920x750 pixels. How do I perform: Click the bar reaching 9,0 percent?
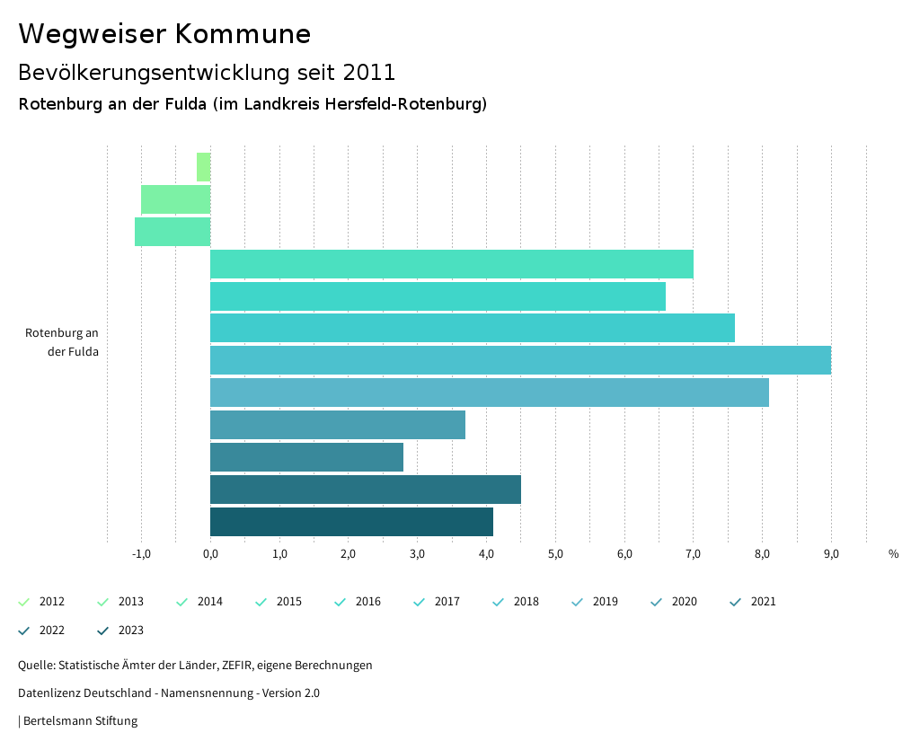coord(520,360)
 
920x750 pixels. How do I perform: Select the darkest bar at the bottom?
coord(351,522)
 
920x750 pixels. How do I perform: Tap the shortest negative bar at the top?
coord(204,167)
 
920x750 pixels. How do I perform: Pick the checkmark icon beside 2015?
coord(261,602)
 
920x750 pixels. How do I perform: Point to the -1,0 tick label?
coord(141,554)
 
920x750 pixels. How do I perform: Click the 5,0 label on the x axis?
coord(555,554)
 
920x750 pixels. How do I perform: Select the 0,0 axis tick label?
coord(210,554)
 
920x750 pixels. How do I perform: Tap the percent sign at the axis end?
coord(893,554)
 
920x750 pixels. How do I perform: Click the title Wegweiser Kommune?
coord(164,34)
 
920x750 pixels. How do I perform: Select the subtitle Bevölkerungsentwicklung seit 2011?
coord(207,72)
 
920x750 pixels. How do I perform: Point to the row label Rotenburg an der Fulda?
coord(62,342)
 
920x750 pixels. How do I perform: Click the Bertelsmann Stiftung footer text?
coord(80,720)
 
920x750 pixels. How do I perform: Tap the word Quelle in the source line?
coord(35,666)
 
